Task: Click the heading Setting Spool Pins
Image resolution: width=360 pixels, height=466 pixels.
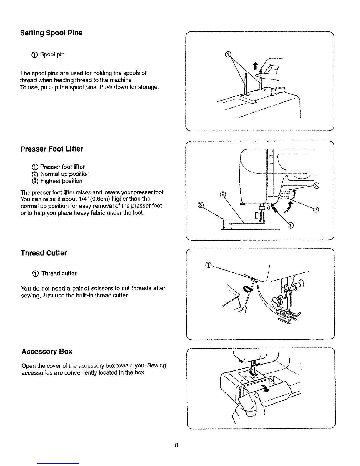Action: [x=51, y=33]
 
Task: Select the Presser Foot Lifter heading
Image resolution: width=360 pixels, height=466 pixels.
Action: [x=52, y=149]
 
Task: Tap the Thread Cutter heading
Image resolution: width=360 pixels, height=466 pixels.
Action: [x=44, y=253]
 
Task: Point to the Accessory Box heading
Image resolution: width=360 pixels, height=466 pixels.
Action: [x=47, y=352]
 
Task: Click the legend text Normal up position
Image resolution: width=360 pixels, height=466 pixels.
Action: [x=65, y=174]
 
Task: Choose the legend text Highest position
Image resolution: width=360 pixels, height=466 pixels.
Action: [x=61, y=181]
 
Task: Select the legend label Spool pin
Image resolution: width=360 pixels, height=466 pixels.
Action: [x=52, y=54]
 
